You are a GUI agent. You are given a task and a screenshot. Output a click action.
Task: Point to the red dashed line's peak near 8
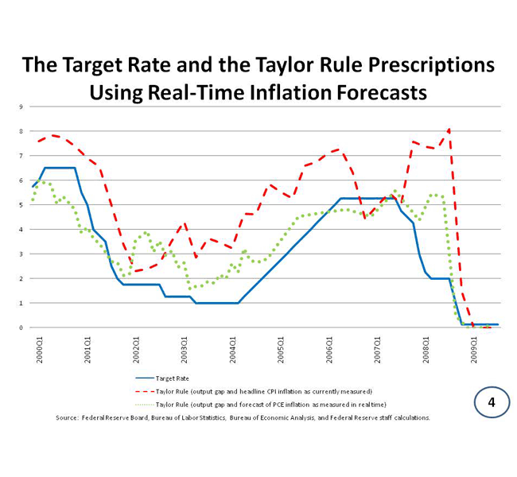pyautogui.click(x=449, y=129)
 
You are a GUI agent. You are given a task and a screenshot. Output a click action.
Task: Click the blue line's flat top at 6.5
pyautogui.click(x=60, y=168)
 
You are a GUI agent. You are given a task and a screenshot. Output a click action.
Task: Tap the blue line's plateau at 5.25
pyautogui.click(x=366, y=198)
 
